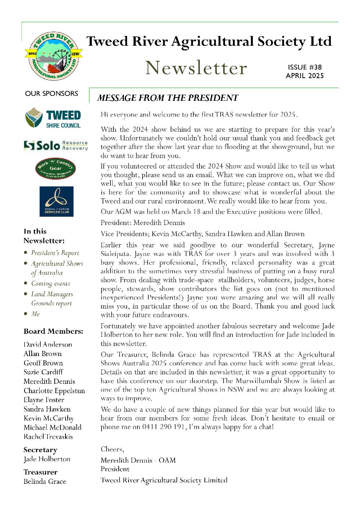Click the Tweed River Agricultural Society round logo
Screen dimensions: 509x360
click(x=54, y=56)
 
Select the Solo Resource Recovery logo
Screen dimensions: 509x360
click(x=55, y=145)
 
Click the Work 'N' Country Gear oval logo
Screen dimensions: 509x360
click(x=55, y=168)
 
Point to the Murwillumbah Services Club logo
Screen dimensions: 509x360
click(x=56, y=201)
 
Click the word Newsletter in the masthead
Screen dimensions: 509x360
click(x=196, y=68)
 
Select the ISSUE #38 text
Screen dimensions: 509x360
click(x=305, y=67)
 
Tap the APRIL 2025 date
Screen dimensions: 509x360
click(x=305, y=76)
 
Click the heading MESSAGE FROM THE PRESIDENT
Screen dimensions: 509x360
click(x=168, y=98)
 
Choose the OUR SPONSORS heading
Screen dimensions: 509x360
click(x=51, y=94)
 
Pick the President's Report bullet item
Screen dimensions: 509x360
click(x=55, y=253)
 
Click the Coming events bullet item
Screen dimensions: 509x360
click(x=51, y=284)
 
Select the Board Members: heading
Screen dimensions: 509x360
click(x=53, y=331)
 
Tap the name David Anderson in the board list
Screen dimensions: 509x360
click(x=48, y=344)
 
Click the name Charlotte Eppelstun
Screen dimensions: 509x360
click(x=54, y=391)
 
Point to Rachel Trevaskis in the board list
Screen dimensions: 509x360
click(x=48, y=437)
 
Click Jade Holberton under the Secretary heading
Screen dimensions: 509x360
click(x=47, y=459)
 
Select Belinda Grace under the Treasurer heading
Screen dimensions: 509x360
click(x=45, y=481)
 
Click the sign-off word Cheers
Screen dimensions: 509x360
click(x=112, y=449)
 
